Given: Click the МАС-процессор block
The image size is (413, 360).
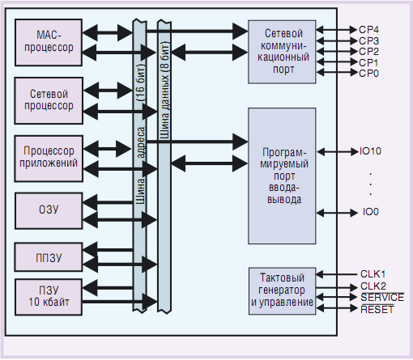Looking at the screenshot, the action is pos(49,42).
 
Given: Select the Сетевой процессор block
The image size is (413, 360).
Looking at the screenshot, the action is pos(49,100).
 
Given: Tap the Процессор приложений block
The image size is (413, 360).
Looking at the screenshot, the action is pos(49,159).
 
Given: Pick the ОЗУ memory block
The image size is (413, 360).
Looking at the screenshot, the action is pos(49,210).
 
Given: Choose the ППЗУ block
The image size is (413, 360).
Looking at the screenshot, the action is pos(49,257).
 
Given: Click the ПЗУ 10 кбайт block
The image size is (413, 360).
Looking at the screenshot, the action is pos(49,297).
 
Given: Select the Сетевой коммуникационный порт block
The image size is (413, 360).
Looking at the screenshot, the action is pos(282,52).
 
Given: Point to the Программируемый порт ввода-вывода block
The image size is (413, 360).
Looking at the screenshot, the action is pos(282,176).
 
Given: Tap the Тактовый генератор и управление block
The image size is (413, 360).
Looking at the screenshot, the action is pos(282,291).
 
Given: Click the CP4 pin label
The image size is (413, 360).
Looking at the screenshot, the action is pos(368,30).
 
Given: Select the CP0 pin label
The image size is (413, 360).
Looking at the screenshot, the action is pos(368,73).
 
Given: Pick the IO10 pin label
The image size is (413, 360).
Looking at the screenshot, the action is pos(370,151).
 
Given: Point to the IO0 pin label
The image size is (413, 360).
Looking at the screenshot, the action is pos(371,212).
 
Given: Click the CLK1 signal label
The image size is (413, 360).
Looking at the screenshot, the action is pos(373,274).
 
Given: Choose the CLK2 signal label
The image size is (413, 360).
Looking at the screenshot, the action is pos(373,286).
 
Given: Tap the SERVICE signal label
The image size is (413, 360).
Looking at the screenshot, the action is pos(382,298).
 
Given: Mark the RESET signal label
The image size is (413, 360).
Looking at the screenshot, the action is pos(377,309).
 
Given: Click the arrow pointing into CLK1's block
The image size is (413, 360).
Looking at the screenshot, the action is pos(336,274).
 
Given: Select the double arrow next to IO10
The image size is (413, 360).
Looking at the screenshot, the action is pos(337,152).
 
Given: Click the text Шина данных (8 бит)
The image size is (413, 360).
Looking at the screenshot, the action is pos(164,91).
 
